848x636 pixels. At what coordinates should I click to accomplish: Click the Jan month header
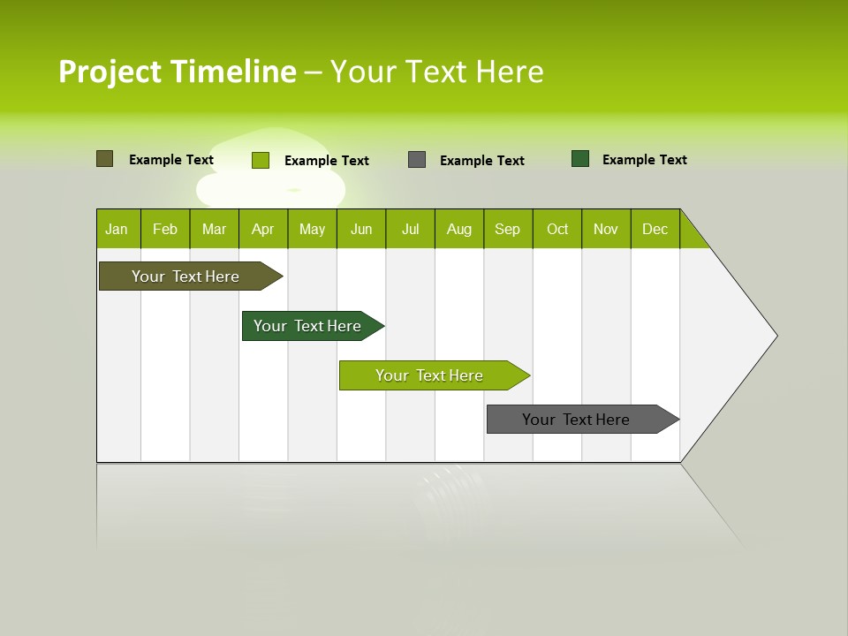coord(117,229)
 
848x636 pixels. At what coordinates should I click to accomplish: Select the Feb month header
coord(165,229)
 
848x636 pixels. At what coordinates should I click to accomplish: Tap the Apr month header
coord(263,229)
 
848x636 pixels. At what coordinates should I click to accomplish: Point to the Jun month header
coord(361,229)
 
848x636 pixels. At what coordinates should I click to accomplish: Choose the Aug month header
coord(459,229)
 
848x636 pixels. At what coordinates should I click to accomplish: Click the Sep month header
coord(508,229)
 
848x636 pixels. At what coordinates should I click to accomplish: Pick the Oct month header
coord(557,229)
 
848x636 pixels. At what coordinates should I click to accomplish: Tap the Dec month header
coord(655,229)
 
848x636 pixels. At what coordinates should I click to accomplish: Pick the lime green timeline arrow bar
coord(430,375)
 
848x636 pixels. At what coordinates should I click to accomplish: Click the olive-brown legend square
coord(104,159)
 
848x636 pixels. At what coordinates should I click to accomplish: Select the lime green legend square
coord(260,160)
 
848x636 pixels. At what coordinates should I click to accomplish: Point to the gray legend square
coord(417,160)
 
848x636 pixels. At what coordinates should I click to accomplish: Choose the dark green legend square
coord(580,159)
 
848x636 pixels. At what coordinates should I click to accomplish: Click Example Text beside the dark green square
coord(644,160)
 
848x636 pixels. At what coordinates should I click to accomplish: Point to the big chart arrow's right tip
coord(776,336)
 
